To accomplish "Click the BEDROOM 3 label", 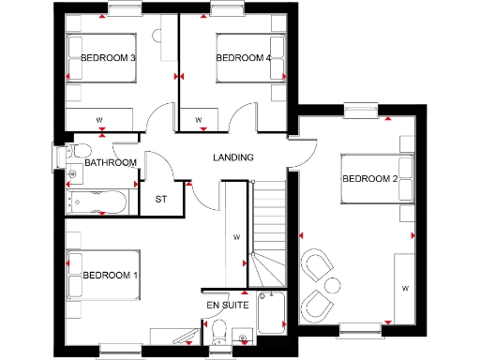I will click(109, 58).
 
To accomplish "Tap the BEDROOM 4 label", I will click(244, 58).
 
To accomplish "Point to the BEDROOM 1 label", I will click(111, 276).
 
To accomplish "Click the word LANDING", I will click(233, 157).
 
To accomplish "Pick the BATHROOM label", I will click(111, 163).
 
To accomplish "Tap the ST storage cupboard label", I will click(160, 199).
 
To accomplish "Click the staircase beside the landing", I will click(270, 225).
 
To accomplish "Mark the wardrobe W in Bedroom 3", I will click(99, 119).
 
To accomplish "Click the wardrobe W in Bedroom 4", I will click(199, 119).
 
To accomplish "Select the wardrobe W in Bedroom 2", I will click(405, 286).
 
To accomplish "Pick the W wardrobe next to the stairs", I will click(236, 237).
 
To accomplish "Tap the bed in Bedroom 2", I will click(375, 178).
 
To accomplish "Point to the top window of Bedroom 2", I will click(359, 111).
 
